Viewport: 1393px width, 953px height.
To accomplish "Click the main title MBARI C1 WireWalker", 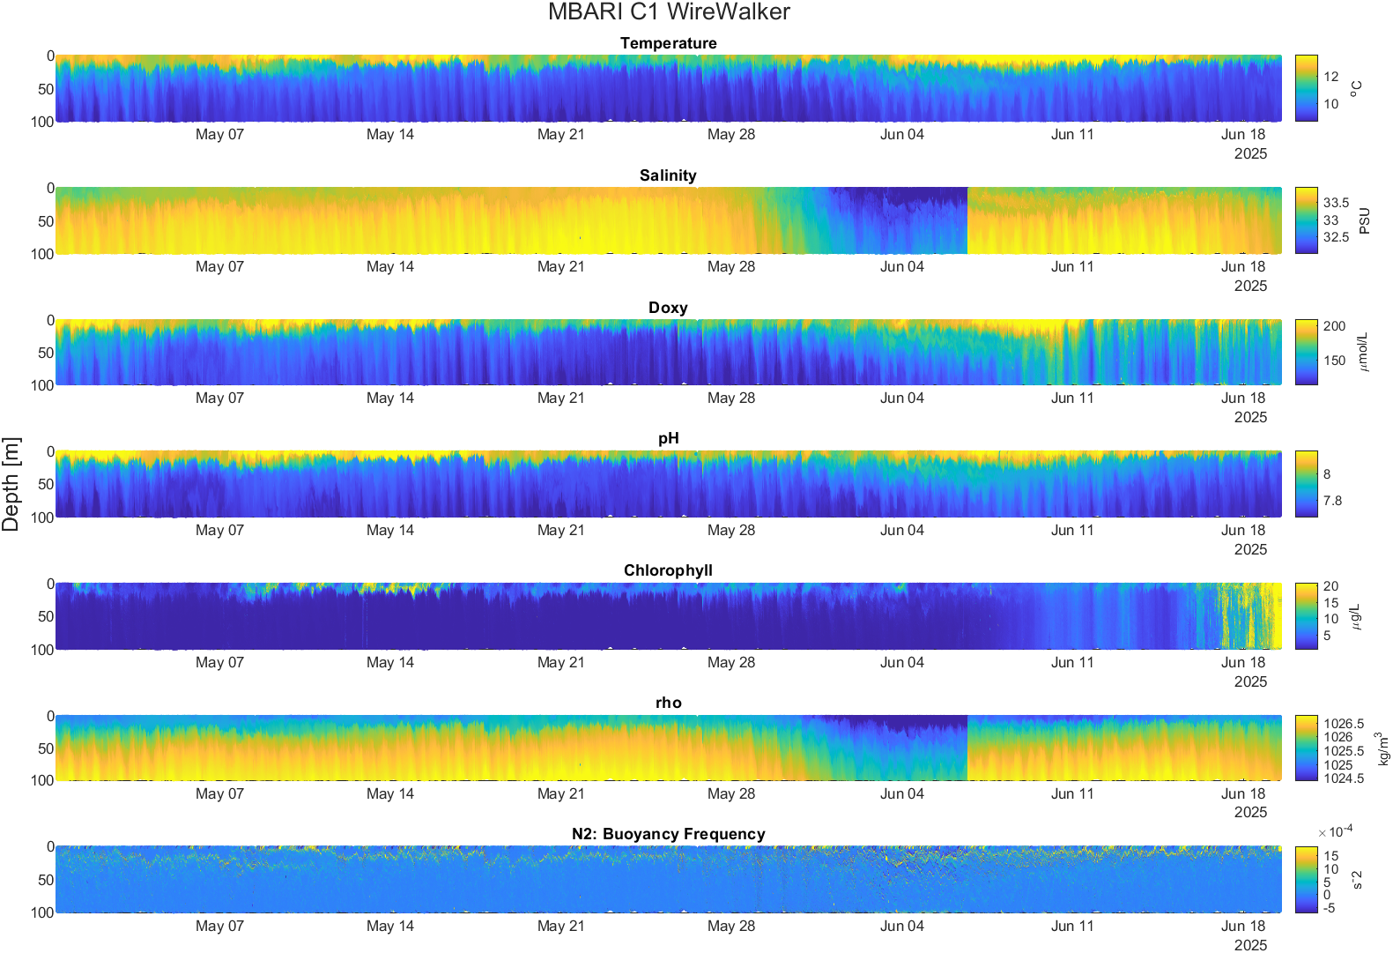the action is click(x=669, y=11).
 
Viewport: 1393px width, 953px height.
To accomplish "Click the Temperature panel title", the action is click(x=669, y=43).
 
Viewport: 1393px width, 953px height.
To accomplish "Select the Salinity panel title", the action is click(x=668, y=175).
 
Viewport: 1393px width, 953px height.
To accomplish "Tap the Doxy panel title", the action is click(x=668, y=308).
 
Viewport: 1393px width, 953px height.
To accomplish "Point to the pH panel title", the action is click(x=669, y=438).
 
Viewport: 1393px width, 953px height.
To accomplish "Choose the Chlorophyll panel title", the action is click(x=668, y=570).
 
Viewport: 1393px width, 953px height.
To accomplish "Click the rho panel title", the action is click(x=669, y=703).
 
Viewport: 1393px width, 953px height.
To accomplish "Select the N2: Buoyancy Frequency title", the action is click(x=669, y=834).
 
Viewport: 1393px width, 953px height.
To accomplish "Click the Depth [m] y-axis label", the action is click(x=11, y=484).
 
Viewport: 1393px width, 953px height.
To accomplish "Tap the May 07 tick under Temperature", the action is click(x=219, y=134).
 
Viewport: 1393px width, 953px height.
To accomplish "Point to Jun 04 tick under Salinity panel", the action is click(x=901, y=267).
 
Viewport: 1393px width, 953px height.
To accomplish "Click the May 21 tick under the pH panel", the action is click(x=561, y=531).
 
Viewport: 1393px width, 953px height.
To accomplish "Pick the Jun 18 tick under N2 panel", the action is click(x=1243, y=927).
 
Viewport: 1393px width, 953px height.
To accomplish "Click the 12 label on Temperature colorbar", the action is click(x=1330, y=77).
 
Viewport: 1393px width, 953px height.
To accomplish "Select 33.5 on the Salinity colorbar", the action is click(x=1336, y=203).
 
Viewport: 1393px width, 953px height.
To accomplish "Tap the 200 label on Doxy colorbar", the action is click(x=1334, y=326).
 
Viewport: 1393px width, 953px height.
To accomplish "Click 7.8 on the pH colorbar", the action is click(x=1332, y=501).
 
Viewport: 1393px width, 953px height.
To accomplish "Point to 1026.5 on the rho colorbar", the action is click(x=1344, y=724).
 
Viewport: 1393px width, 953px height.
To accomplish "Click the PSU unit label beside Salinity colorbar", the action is click(x=1365, y=220).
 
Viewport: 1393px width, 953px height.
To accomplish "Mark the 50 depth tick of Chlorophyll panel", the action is click(x=46, y=616).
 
